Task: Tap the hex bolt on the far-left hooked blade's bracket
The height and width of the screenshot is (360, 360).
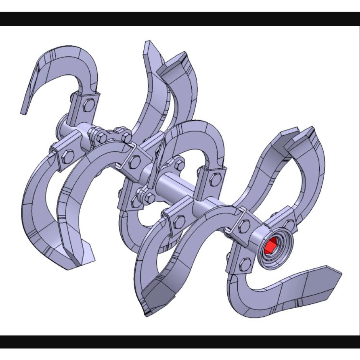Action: [x=88, y=104]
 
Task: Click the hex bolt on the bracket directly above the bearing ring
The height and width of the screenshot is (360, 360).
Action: [x=289, y=224]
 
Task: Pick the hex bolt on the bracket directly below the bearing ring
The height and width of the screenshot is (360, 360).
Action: [x=245, y=264]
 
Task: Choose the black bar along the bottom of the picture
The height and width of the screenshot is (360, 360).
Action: [x=180, y=342]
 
